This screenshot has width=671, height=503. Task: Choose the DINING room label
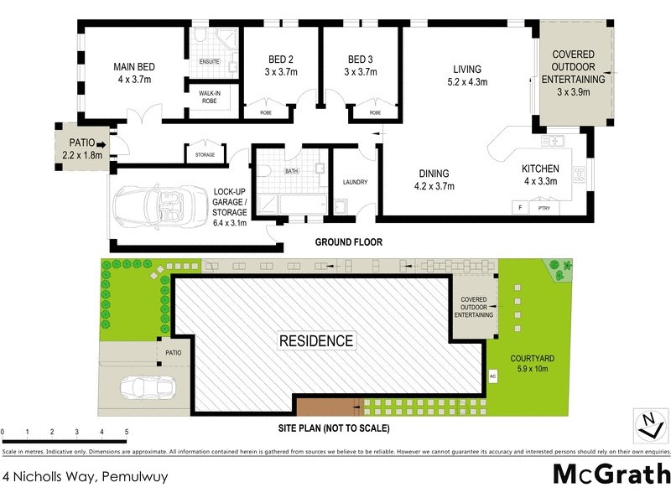(435, 179)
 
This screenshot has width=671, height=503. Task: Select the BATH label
(292, 171)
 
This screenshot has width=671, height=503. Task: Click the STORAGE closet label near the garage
(205, 154)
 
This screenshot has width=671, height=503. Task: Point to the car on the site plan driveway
(148, 387)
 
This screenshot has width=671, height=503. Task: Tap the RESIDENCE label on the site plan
(315, 341)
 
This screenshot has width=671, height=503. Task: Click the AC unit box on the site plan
(493, 376)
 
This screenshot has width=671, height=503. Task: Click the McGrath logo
(611, 474)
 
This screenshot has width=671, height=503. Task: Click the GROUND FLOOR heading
(348, 242)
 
